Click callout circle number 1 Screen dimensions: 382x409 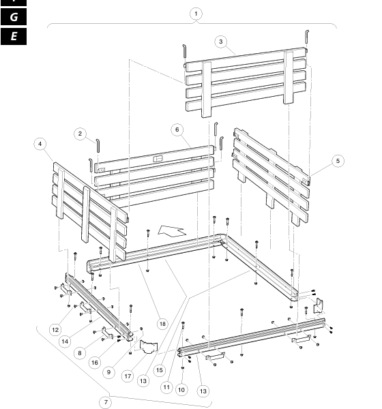pyautogui.click(x=196, y=14)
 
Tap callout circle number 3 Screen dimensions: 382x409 pyautogui.click(x=221, y=42)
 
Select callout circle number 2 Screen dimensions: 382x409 pyautogui.click(x=80, y=134)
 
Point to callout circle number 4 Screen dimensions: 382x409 pyautogui.click(x=40, y=144)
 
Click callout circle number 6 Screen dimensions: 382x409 pyautogui.click(x=177, y=130)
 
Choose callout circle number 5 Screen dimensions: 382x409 pyautogui.click(x=338, y=161)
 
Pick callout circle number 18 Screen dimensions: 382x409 pyautogui.click(x=162, y=324)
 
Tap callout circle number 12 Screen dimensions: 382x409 pyautogui.click(x=55, y=330)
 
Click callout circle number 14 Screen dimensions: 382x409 pyautogui.click(x=65, y=342)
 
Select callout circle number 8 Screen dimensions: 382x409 pyautogui.click(x=80, y=353)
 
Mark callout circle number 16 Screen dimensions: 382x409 pyautogui.click(x=95, y=363)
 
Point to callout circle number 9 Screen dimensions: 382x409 pyautogui.click(x=109, y=372)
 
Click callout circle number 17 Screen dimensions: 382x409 pyautogui.click(x=128, y=376)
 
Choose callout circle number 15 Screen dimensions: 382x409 pyautogui.click(x=160, y=370)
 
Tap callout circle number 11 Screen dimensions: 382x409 pyautogui.click(x=166, y=387)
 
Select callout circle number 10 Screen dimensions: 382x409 pyautogui.click(x=181, y=390)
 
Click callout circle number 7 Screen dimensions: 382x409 pyautogui.click(x=106, y=402)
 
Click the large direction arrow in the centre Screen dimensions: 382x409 pyautogui.click(x=171, y=232)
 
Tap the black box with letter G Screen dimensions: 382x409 pyautogui.click(x=14, y=17)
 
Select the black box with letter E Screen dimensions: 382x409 pyautogui.click(x=14, y=36)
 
